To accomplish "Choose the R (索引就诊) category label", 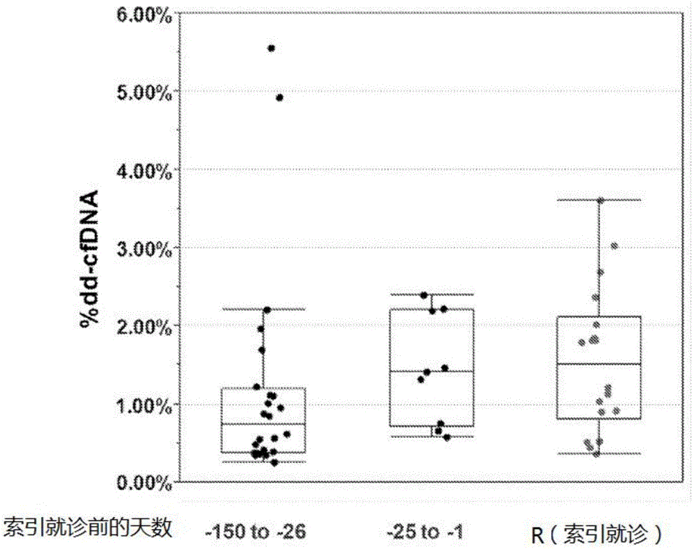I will click(x=597, y=533).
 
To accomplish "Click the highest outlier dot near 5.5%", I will click(x=271, y=48).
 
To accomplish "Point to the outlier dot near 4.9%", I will click(x=279, y=98).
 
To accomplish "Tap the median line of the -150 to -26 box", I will click(x=263, y=423).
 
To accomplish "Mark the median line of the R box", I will click(x=599, y=364).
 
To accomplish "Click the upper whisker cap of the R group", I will click(x=599, y=200).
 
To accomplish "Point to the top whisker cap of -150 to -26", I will click(x=263, y=309).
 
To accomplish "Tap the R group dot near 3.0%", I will click(x=614, y=246).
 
